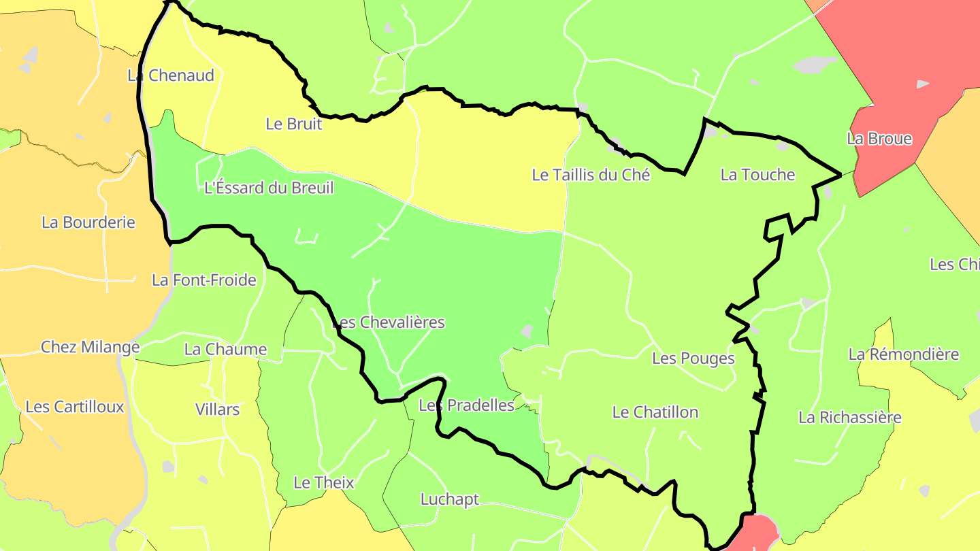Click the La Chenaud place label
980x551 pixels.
(171, 76)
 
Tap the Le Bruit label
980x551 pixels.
(293, 124)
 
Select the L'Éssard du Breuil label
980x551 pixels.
(269, 188)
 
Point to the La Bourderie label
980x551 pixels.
(88, 222)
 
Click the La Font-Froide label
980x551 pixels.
(204, 280)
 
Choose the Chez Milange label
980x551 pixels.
(90, 347)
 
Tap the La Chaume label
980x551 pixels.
(225, 350)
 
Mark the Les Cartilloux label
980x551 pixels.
(75, 407)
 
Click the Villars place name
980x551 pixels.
(217, 410)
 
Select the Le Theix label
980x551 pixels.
(324, 483)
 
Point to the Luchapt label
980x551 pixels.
(450, 499)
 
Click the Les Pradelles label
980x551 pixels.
(466, 405)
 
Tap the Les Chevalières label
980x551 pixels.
(388, 322)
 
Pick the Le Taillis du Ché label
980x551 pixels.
(591, 175)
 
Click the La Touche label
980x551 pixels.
(757, 175)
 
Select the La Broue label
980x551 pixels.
(879, 139)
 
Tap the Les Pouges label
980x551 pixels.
(693, 358)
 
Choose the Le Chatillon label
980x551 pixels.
(655, 412)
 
